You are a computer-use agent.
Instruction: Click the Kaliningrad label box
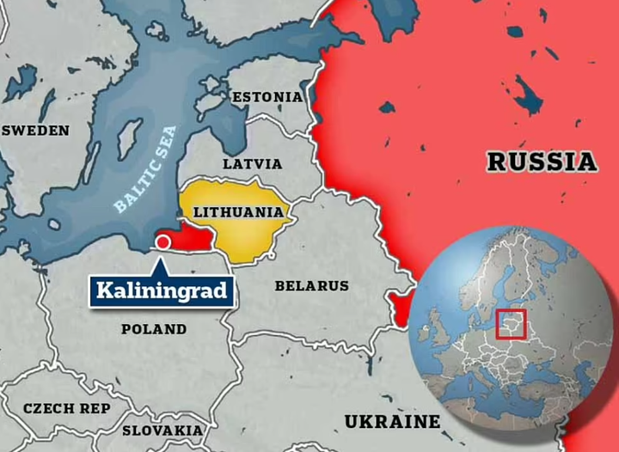click(161, 290)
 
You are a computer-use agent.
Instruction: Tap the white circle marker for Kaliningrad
click(162, 243)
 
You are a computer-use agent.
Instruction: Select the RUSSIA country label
click(541, 162)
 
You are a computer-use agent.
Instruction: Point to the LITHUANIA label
click(239, 211)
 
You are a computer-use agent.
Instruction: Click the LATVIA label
click(252, 163)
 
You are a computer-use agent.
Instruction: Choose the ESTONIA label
click(267, 97)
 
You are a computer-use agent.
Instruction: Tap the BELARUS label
click(311, 285)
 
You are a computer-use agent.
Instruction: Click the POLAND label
click(154, 328)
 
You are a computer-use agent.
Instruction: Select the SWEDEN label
click(35, 131)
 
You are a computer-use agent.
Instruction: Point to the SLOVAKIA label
click(162, 430)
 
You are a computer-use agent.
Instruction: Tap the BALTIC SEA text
click(145, 169)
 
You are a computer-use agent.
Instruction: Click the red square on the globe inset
click(512, 325)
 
